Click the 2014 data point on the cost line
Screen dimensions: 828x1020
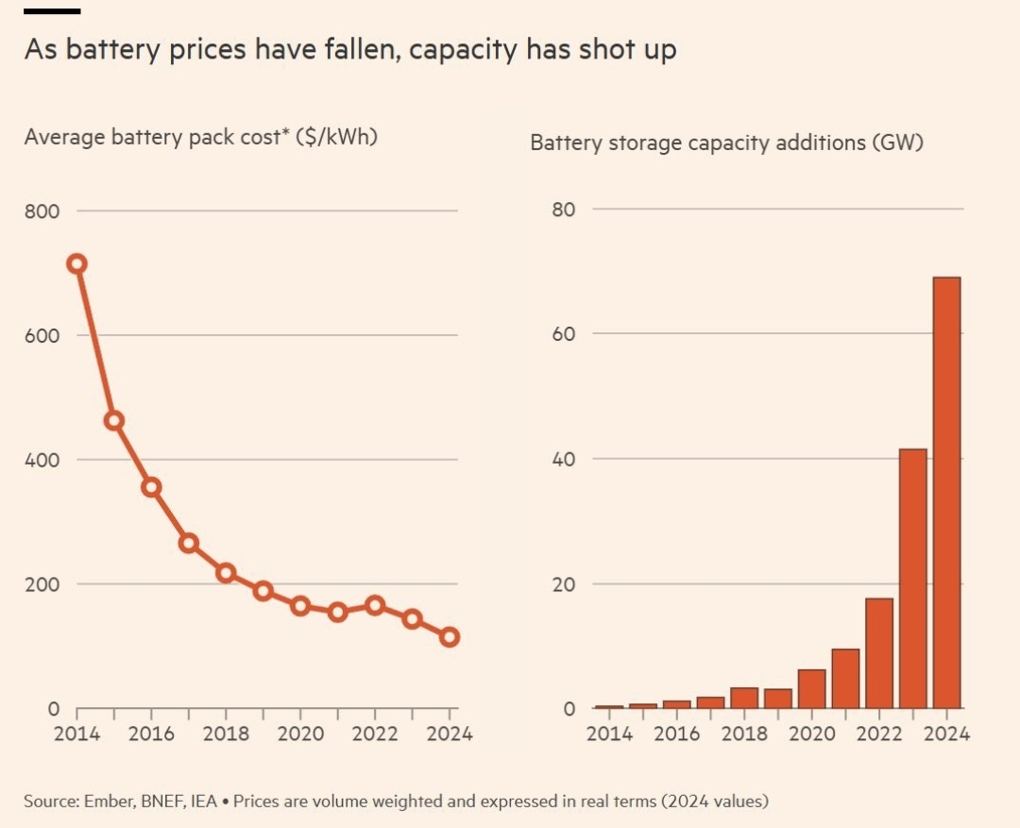pos(77,263)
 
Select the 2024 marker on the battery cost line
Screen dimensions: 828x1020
pos(450,637)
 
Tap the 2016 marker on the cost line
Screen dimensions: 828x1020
pos(151,487)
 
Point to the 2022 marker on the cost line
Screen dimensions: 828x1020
pos(375,605)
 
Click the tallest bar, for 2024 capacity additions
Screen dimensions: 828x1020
pos(946,492)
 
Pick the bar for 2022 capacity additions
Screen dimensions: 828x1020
pos(879,652)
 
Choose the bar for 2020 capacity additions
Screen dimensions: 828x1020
pos(811,688)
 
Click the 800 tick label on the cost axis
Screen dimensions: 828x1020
pos(42,211)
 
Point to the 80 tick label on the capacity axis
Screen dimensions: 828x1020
pos(564,210)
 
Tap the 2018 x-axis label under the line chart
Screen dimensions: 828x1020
pos(226,734)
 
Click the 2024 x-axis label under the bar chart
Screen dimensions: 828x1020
pos(946,734)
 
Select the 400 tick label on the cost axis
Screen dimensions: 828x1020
pos(42,461)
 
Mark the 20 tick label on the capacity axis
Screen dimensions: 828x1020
pos(564,584)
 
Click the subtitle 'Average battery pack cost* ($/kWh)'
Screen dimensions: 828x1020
pos(201,136)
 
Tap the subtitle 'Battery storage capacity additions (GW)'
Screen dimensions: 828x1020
pos(726,144)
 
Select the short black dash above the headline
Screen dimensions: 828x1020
pos(52,11)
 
